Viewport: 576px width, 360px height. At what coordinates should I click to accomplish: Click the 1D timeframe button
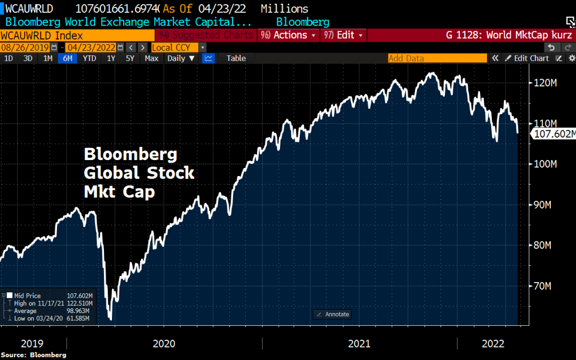pos(9,59)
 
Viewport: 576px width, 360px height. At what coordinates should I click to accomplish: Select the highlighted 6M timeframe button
pos(68,59)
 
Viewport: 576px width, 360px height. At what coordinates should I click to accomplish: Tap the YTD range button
pos(89,59)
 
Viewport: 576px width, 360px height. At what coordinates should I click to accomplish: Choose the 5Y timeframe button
pos(130,59)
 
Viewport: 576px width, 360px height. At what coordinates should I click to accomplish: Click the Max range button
pos(151,59)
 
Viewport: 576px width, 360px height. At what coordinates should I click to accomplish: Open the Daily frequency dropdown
pos(181,59)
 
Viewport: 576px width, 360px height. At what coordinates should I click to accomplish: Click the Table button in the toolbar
pos(236,59)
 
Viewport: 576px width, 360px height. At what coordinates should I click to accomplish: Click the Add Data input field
pos(437,58)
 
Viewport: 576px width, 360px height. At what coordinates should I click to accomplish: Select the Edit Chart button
pos(527,59)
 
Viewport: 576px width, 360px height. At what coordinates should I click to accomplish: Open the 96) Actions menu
pos(288,35)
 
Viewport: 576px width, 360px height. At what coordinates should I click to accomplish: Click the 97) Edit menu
pos(343,35)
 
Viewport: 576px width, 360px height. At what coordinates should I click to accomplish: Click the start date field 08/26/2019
pos(25,47)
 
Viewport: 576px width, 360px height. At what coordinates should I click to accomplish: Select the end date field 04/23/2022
pos(91,47)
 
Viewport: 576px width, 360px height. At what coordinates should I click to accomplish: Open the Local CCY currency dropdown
pos(179,47)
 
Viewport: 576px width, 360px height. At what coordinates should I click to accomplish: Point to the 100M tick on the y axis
pos(545,164)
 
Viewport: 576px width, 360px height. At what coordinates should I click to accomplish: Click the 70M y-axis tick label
pos(542,286)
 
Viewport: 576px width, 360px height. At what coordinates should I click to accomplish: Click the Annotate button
pos(332,315)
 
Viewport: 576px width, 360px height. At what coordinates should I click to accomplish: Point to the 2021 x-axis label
pos(359,344)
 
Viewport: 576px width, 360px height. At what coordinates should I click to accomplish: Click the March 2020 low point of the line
pos(110,319)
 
